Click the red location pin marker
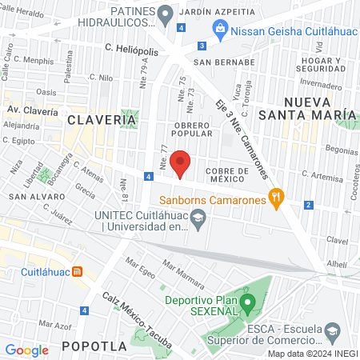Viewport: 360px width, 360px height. (181, 163)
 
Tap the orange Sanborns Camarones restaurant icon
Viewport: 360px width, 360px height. (276, 195)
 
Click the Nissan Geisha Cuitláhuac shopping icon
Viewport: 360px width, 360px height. (220, 29)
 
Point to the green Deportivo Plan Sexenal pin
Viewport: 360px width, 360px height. (248, 304)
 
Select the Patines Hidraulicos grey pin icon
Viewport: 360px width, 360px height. (166, 13)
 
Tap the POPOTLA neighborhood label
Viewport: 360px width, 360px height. (94, 346)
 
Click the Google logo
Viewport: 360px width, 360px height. (26, 350)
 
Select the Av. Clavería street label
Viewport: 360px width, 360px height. (31, 112)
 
